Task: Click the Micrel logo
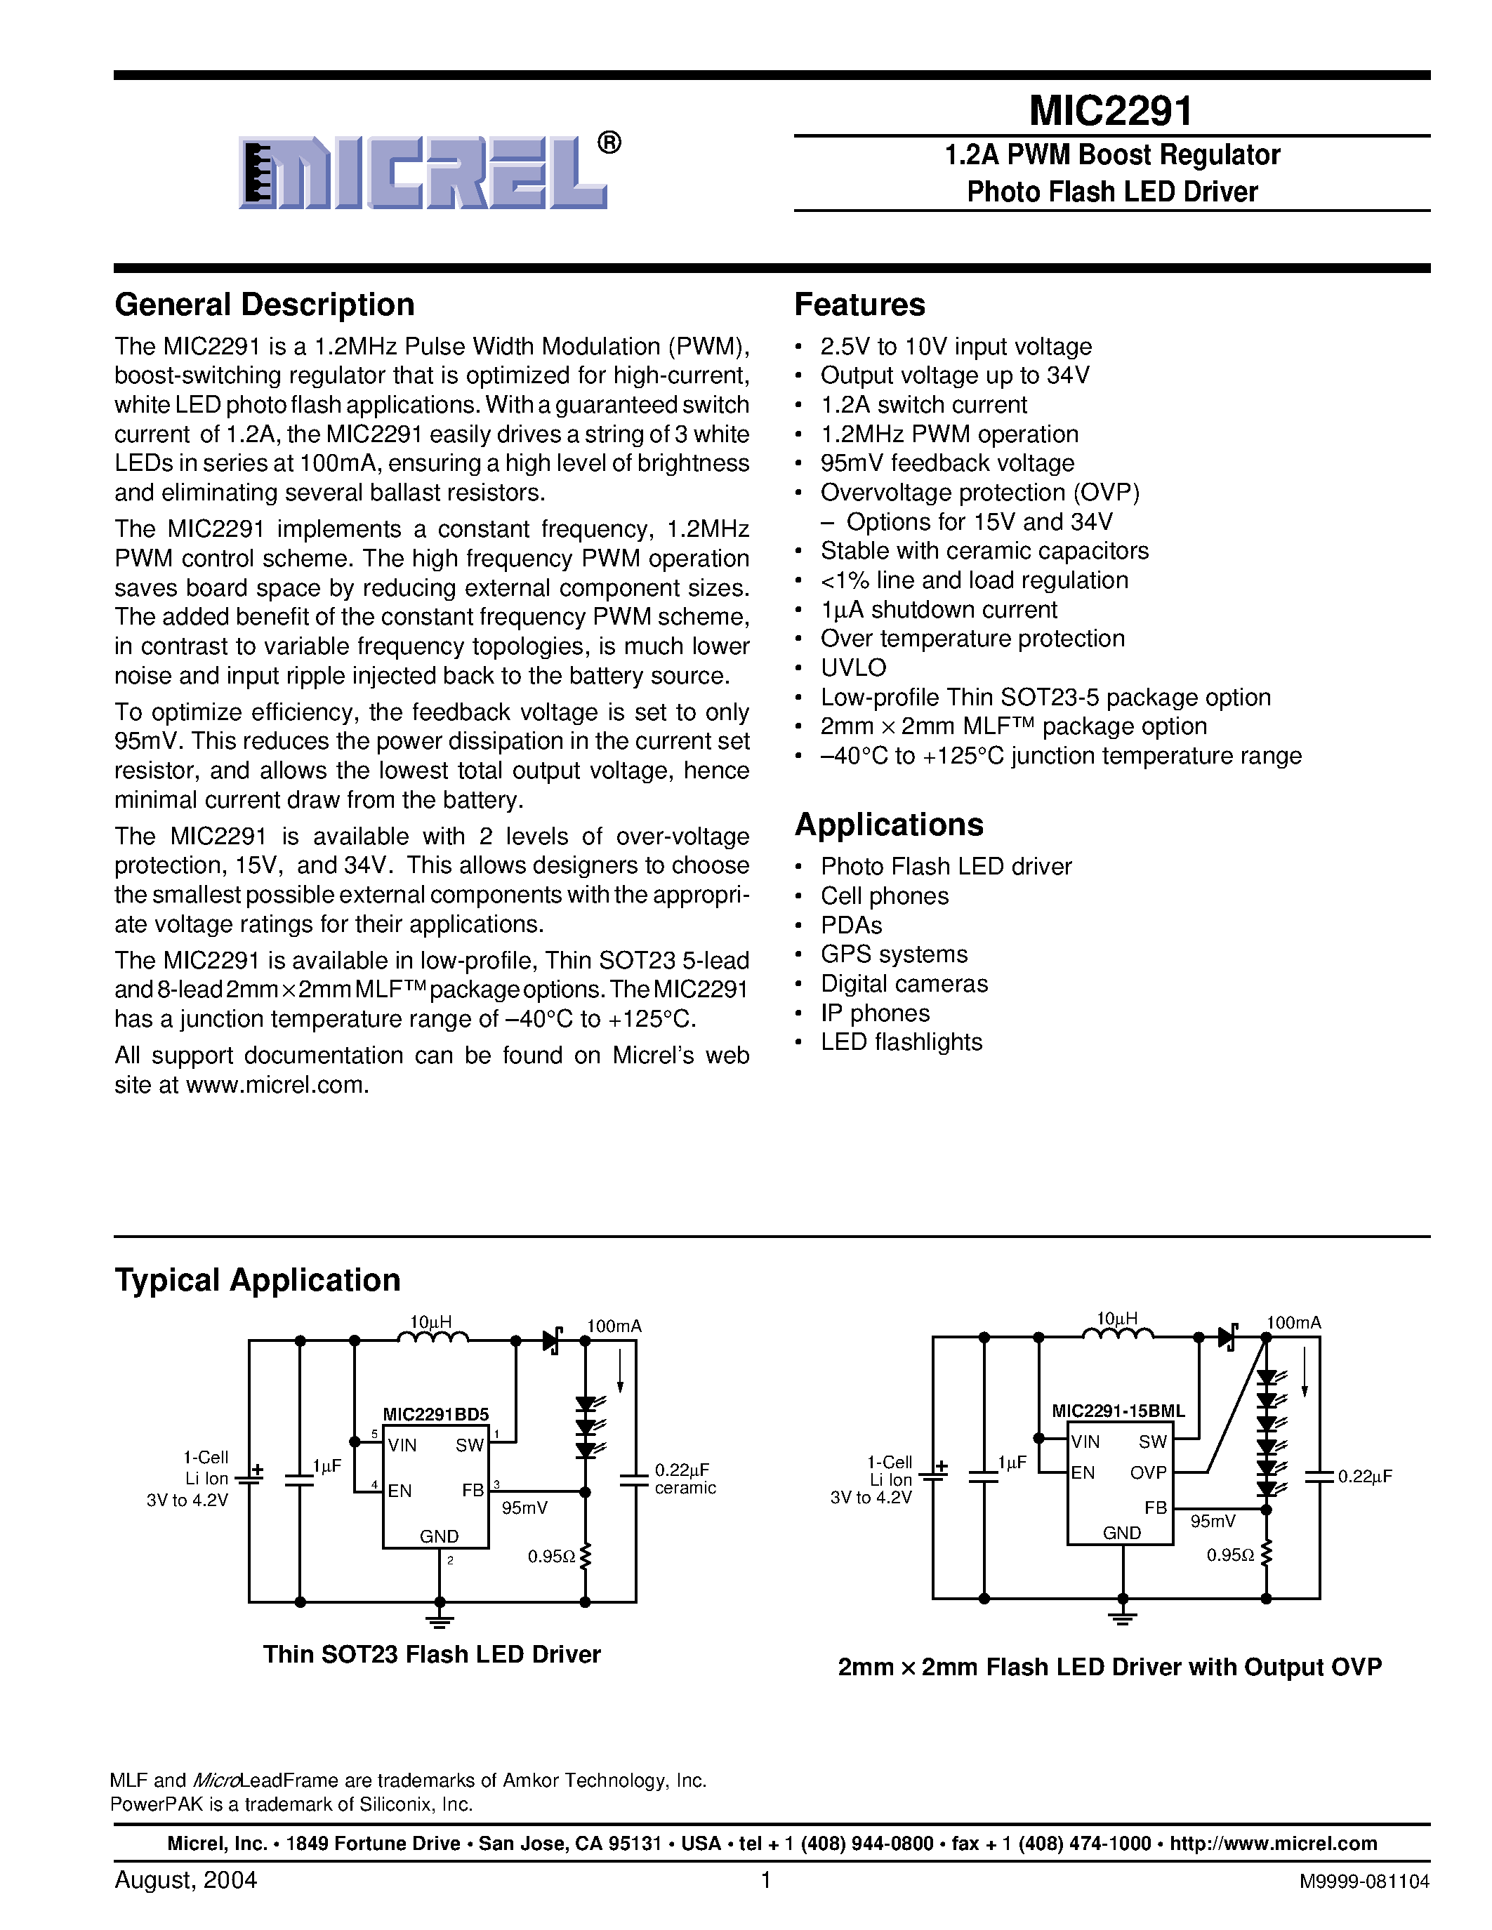(x=424, y=173)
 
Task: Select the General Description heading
(x=264, y=305)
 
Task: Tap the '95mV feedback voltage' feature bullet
(x=946, y=463)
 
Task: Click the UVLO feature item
(x=853, y=667)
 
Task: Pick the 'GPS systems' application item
(x=894, y=954)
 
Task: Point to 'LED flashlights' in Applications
(x=901, y=1042)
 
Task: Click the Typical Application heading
(x=257, y=1279)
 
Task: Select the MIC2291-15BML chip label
(x=1117, y=1411)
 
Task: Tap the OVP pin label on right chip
(x=1147, y=1473)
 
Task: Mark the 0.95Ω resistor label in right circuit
(x=1229, y=1555)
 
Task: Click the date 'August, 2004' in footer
(x=185, y=1879)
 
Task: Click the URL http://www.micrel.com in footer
(x=1273, y=1844)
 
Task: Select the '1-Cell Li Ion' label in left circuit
(x=205, y=1468)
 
